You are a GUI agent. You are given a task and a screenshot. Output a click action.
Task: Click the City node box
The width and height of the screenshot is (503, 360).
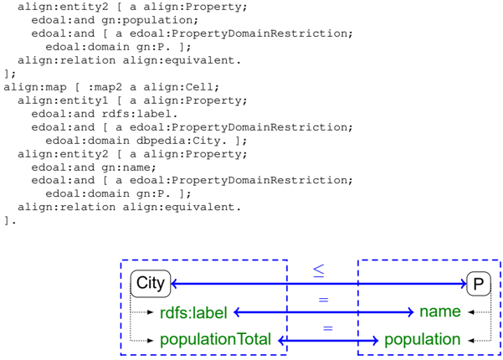click(x=151, y=284)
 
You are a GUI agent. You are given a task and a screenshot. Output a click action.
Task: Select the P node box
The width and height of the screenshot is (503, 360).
click(x=479, y=284)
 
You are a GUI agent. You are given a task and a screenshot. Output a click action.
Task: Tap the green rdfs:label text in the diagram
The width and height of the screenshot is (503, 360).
click(x=193, y=313)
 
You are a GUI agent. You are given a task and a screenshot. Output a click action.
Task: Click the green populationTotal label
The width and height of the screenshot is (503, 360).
click(x=215, y=339)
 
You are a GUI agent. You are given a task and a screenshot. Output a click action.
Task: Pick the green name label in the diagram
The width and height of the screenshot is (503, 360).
click(x=440, y=311)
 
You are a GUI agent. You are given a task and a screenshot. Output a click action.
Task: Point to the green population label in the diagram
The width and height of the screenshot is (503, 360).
click(x=422, y=339)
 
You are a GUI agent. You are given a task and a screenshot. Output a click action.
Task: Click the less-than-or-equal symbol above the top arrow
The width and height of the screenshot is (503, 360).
click(x=319, y=270)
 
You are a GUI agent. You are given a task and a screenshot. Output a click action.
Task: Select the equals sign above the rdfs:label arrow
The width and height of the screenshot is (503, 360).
click(x=323, y=300)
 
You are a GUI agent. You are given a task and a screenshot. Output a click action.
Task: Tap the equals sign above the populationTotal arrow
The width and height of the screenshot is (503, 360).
click(x=327, y=328)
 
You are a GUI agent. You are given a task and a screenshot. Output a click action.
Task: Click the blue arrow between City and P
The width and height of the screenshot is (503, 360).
click(x=319, y=284)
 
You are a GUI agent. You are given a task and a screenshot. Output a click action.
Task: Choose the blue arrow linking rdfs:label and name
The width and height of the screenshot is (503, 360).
click(x=324, y=312)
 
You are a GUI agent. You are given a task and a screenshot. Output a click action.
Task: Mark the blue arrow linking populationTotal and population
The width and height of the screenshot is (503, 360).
click(x=328, y=341)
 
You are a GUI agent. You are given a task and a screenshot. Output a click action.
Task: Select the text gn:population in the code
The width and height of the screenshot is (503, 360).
click(x=150, y=20)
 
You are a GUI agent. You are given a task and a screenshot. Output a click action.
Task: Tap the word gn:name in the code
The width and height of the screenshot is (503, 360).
click(x=129, y=167)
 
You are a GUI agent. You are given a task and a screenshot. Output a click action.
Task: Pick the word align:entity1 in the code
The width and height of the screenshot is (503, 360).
click(x=63, y=100)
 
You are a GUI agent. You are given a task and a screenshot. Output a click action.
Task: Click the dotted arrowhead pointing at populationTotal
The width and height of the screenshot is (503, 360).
click(x=151, y=341)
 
